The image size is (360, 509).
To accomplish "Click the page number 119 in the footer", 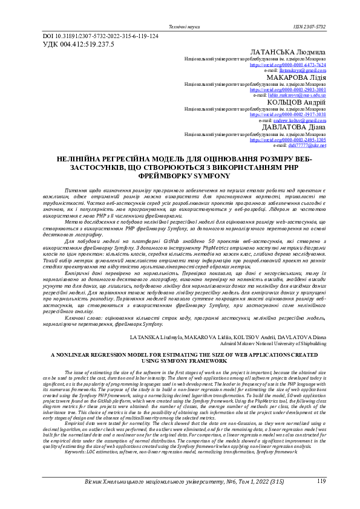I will coord(321,481).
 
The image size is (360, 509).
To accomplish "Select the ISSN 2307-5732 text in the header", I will coord(309,27).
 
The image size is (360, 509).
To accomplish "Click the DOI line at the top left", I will coord(100,36).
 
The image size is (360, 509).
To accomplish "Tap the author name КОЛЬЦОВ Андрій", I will coord(296,102).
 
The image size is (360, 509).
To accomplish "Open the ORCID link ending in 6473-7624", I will coord(288,65).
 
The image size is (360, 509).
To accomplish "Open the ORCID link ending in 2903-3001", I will coord(288,89).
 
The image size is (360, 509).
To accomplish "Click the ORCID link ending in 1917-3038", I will coord(288,114).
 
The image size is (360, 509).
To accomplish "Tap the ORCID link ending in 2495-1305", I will coord(288,139).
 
